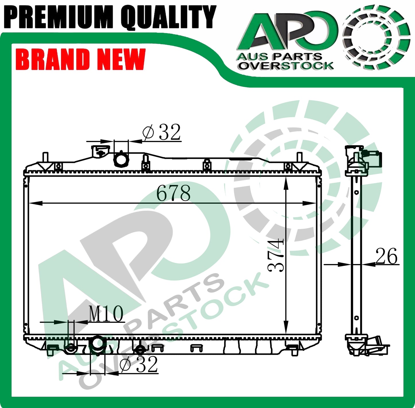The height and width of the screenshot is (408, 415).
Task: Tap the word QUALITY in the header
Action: tap(168, 17)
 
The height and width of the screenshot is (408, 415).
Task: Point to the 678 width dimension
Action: tap(173, 193)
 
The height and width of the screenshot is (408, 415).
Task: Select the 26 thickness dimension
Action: tap(386, 256)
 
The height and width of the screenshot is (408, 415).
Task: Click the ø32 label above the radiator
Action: tap(161, 132)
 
